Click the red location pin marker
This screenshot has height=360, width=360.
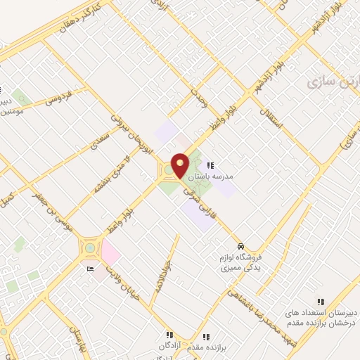point(180,165)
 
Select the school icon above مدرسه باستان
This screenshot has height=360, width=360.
point(210,166)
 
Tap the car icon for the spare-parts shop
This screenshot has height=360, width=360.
point(241,247)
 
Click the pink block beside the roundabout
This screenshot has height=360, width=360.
point(110,252)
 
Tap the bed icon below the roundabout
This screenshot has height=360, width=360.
point(89,269)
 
